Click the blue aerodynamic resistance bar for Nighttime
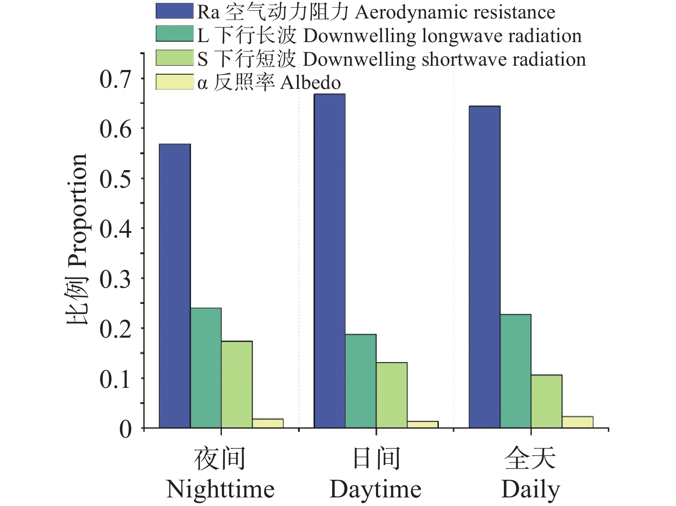tap(175, 286)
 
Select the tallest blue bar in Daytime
tap(330, 261)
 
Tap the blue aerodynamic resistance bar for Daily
tap(484, 267)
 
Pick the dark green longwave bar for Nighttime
tap(206, 368)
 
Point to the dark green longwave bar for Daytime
tap(361, 381)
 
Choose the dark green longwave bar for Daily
tap(515, 371)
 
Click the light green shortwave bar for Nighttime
tap(237, 384)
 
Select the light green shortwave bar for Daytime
tap(391, 395)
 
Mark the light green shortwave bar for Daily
tap(546, 401)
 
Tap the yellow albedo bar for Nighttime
tap(268, 423)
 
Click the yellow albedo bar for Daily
tap(577, 422)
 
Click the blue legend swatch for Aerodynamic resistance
tap(174, 11)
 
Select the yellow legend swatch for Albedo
tap(174, 82)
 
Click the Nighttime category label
tap(220, 489)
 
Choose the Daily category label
tap(530, 489)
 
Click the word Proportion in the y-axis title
tap(77, 210)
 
